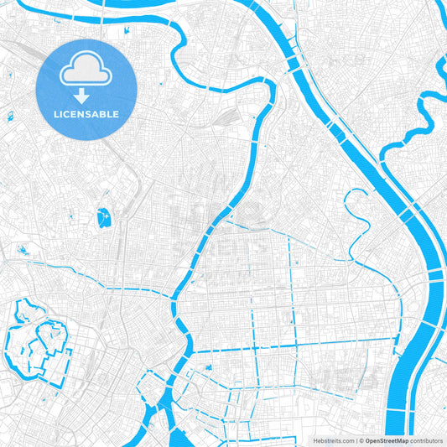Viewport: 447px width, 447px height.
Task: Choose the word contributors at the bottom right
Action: (x=426, y=439)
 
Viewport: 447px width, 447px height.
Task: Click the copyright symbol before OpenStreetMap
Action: (x=361, y=439)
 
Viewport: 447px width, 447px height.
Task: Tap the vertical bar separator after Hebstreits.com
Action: (x=356, y=439)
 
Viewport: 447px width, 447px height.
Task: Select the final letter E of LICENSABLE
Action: (x=116, y=113)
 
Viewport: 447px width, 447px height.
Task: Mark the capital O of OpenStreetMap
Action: (x=367, y=439)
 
